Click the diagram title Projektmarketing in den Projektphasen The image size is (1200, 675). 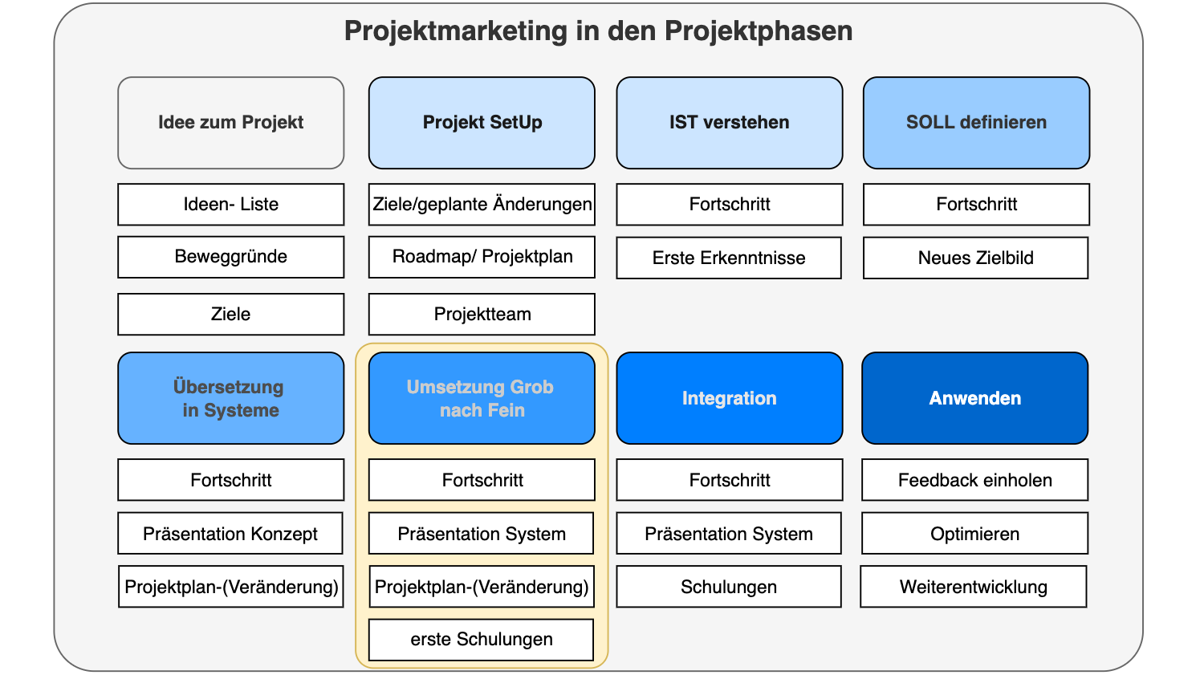tap(598, 31)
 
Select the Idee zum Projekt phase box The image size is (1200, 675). tap(230, 123)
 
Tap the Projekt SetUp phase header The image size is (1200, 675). tap(482, 123)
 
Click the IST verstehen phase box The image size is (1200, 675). tap(729, 123)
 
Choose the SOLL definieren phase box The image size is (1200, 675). tap(976, 123)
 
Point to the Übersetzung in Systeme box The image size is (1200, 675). tap(230, 398)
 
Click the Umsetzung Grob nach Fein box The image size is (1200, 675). tap(482, 398)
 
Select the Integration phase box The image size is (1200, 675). tap(729, 398)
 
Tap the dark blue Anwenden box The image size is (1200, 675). tap(974, 398)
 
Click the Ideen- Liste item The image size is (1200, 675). tap(230, 205)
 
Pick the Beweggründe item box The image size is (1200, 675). tap(230, 257)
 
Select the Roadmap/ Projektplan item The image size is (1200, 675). tap(482, 257)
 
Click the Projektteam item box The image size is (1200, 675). tap(482, 314)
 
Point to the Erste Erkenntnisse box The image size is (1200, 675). tap(729, 258)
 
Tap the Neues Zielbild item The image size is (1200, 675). tap(975, 258)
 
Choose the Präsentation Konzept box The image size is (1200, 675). tap(230, 534)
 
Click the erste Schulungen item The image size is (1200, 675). tap(481, 640)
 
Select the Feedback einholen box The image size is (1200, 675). tap(974, 480)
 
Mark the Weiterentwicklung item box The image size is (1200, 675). tap(973, 587)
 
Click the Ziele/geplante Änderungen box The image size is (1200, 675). tap(482, 205)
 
